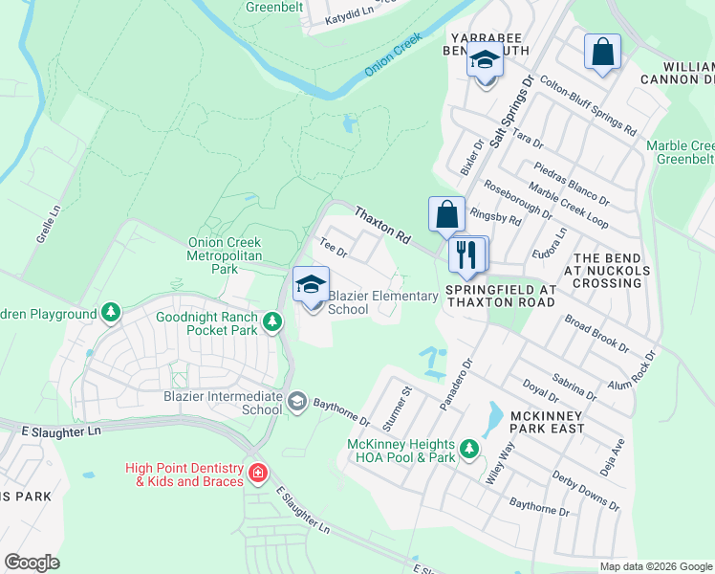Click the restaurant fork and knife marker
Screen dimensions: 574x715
(x=466, y=254)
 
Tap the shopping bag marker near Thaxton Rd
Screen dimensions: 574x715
(x=446, y=215)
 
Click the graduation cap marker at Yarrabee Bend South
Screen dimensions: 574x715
(x=486, y=62)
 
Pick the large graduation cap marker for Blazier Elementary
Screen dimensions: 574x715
(x=312, y=285)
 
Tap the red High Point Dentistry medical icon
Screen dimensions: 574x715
(x=257, y=474)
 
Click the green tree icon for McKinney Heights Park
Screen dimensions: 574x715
(x=468, y=448)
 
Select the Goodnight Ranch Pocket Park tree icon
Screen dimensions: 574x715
(x=273, y=321)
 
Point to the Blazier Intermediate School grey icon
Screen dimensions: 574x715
(x=297, y=400)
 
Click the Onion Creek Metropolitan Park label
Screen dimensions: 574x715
(x=226, y=256)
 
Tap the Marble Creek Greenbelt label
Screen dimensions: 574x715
(x=679, y=152)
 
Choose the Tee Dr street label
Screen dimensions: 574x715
(x=332, y=248)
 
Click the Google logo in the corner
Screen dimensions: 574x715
(x=32, y=562)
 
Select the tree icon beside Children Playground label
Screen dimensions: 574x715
(x=112, y=313)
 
